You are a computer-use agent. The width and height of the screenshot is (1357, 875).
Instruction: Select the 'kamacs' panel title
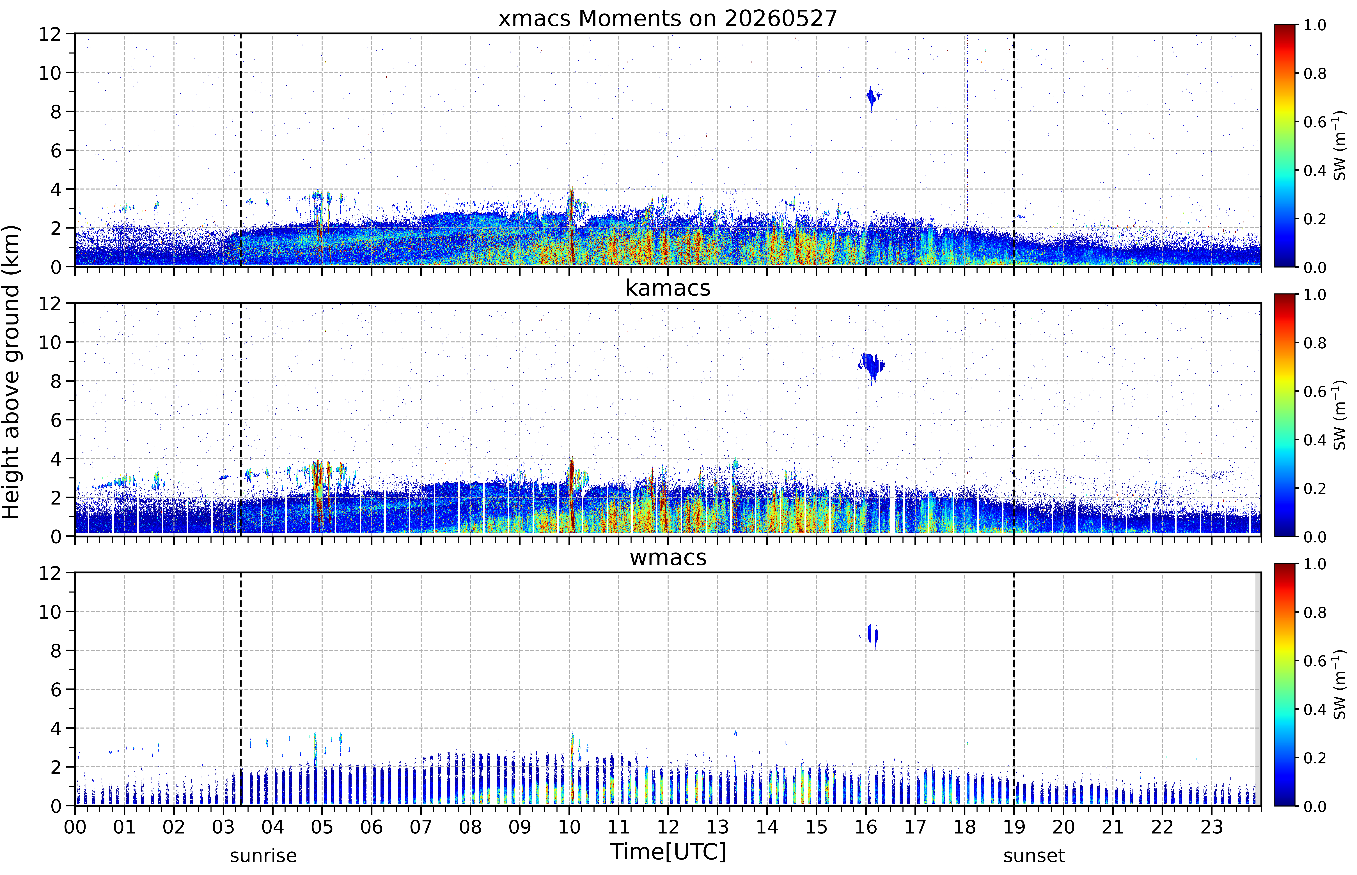(x=668, y=288)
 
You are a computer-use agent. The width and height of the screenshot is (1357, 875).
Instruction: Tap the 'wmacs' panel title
(x=668, y=557)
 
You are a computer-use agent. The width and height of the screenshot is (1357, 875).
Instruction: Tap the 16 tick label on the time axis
(x=865, y=827)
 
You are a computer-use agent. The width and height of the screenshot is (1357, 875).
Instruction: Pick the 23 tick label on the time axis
(x=1212, y=827)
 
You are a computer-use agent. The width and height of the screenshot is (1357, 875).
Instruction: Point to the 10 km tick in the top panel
(x=49, y=73)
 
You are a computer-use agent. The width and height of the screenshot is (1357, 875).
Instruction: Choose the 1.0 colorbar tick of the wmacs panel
(x=1314, y=564)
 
